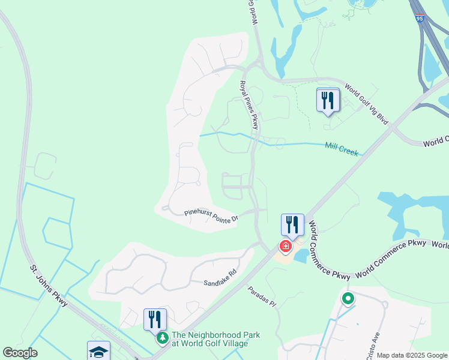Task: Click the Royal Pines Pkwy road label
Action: pos(249,106)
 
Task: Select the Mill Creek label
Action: pos(342,149)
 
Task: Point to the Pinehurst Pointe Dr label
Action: pos(211,215)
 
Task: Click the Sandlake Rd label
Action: pos(220,277)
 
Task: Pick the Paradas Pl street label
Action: pos(262,296)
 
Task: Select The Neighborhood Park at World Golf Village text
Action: pos(215,339)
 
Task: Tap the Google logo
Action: pos(20,353)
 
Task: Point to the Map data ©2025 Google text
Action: pos(412,355)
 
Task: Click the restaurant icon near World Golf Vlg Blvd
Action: pos(328,100)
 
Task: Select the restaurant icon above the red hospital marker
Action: pos(292,224)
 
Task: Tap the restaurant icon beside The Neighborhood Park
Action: pos(155,319)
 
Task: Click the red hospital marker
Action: pos(286,246)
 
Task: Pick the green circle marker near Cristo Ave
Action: pos(347,298)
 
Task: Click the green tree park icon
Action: pos(162,339)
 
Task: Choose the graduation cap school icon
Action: pos(98,351)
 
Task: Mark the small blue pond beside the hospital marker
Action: pos(300,256)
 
